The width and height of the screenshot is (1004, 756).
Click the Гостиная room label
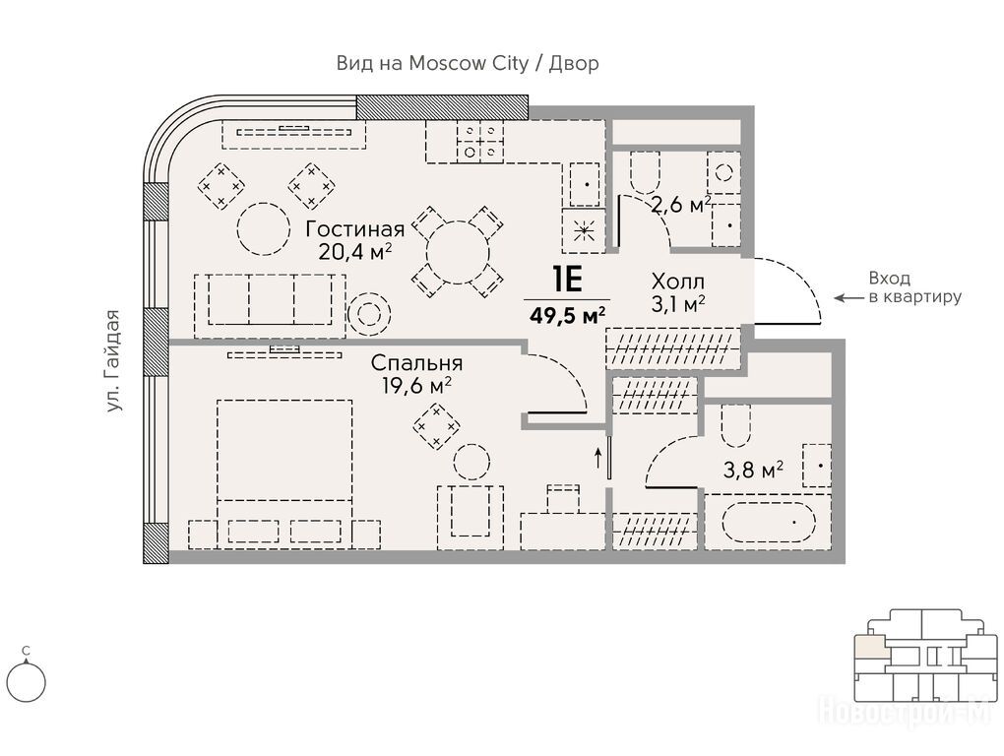[x=354, y=229]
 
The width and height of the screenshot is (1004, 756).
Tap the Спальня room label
[x=416, y=363]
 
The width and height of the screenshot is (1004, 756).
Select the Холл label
[x=678, y=281]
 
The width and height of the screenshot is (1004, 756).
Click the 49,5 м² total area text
[x=568, y=315]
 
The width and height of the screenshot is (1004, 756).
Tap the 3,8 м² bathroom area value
[x=753, y=471]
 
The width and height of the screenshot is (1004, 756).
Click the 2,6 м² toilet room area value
[x=680, y=205]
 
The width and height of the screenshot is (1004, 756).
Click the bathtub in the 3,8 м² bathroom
[x=769, y=522]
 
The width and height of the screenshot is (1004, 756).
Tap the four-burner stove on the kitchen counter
[x=479, y=141]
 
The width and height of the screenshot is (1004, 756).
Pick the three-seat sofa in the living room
[x=271, y=306]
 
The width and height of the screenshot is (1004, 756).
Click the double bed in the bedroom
[x=284, y=473]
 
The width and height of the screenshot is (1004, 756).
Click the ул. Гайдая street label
[x=114, y=360]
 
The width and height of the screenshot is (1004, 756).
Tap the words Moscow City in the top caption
[x=469, y=63]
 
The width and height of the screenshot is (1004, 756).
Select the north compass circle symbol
[x=27, y=682]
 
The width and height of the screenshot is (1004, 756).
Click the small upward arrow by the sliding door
[x=598, y=458]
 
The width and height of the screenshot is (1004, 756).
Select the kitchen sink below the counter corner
[x=584, y=184]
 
